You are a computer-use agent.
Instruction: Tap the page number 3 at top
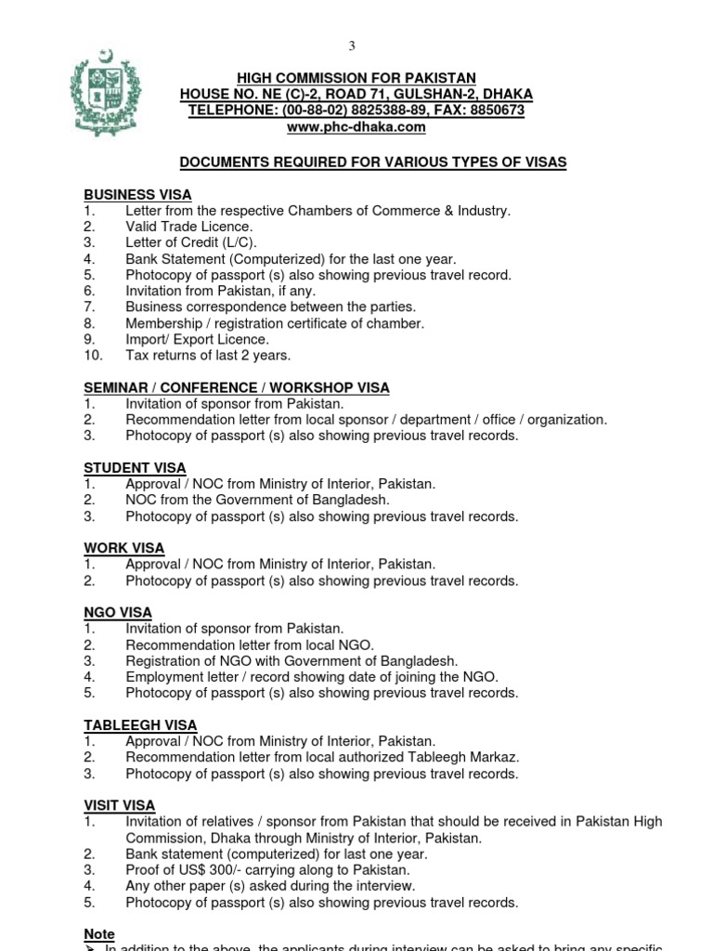coord(352,46)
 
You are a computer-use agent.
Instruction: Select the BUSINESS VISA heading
coord(137,195)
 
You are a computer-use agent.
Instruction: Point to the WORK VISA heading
coord(123,548)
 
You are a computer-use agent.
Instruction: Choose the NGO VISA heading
coord(118,613)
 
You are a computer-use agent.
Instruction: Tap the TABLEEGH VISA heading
coord(140,725)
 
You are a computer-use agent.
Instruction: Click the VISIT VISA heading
coord(120,805)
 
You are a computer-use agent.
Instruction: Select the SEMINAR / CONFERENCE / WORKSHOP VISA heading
coord(237,387)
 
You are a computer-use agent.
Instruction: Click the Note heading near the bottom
coord(99,934)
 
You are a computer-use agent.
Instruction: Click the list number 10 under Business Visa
coord(92,355)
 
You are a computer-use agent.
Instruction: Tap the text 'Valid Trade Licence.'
coord(189,227)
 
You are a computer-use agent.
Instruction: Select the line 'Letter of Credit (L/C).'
coord(191,242)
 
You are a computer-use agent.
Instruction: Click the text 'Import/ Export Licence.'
coord(198,339)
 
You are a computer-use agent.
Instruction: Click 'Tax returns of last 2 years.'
coord(208,355)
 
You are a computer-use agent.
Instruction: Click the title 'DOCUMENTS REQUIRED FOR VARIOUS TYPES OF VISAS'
coord(372,163)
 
